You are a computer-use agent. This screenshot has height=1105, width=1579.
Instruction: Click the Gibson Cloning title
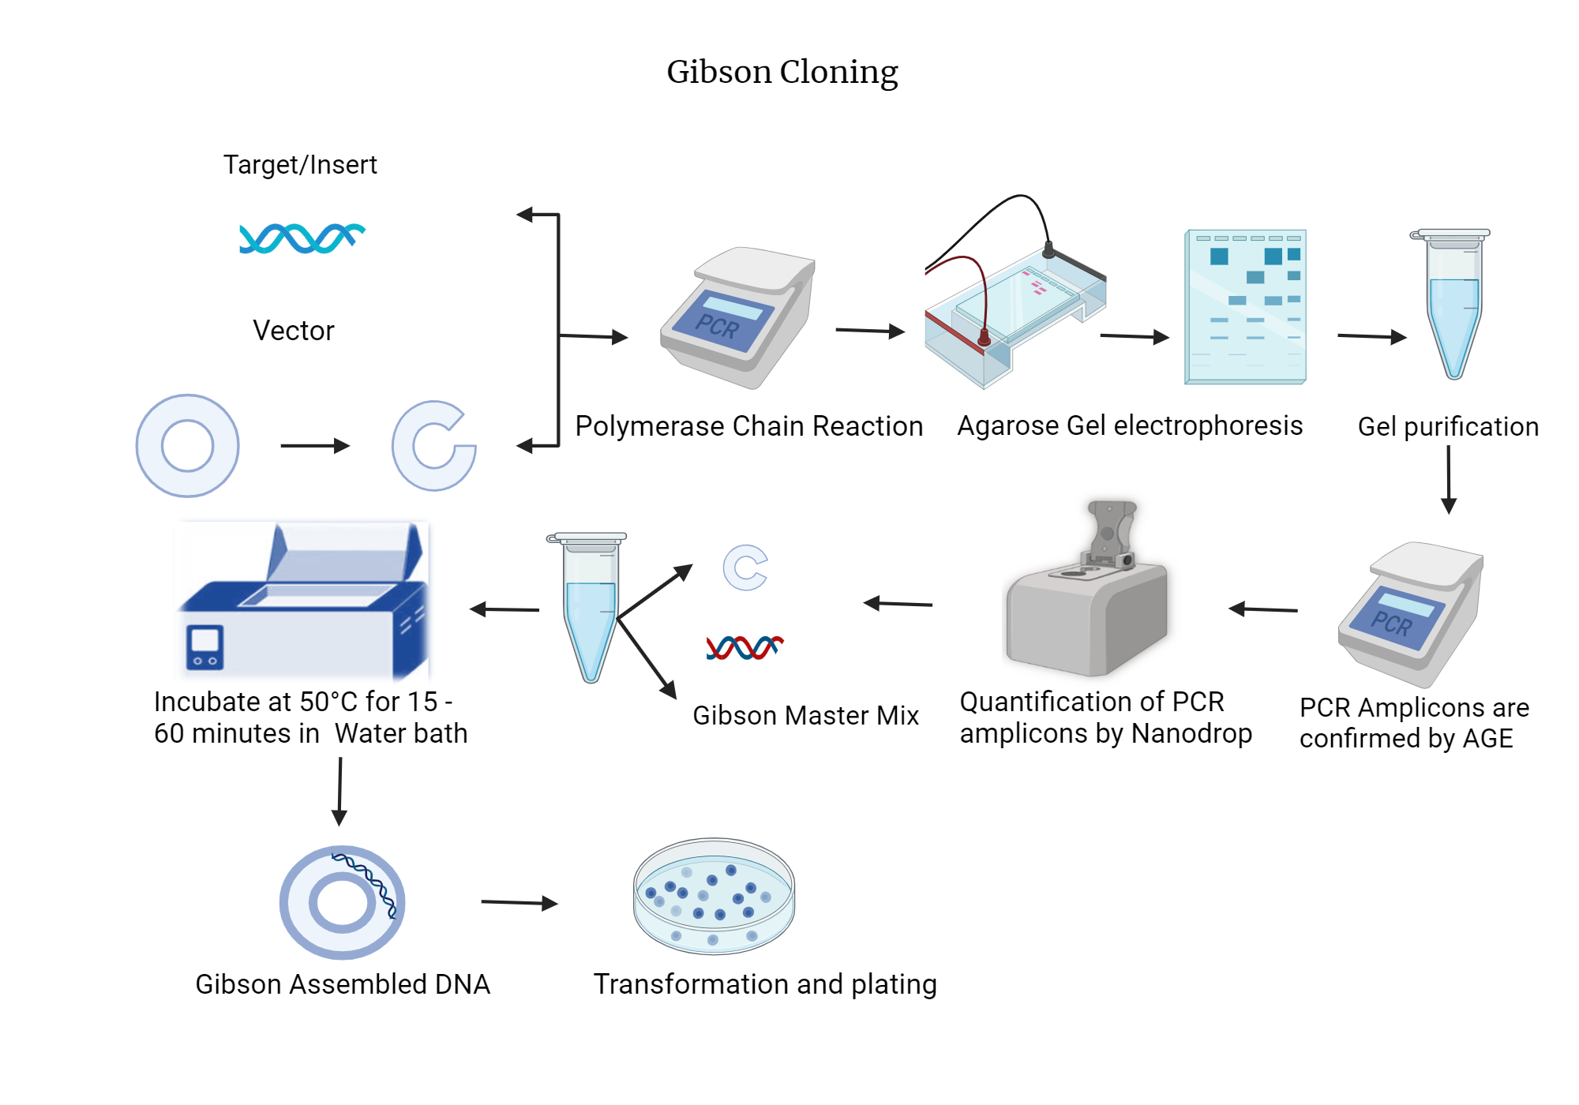point(782,72)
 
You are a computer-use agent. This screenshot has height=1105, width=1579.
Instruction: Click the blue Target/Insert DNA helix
point(301,238)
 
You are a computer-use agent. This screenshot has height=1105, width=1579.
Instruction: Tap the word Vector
point(293,330)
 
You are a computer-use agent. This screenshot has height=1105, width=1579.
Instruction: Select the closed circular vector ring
point(188,446)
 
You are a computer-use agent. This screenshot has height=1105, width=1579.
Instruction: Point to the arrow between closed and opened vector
point(315,446)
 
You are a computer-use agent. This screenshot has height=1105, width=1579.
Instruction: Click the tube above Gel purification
point(1453,304)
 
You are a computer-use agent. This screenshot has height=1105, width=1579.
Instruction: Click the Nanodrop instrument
point(1086,600)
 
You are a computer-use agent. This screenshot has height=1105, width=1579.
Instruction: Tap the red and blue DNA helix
point(744,647)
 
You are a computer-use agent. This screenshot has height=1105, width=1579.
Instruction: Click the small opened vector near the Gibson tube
point(744,567)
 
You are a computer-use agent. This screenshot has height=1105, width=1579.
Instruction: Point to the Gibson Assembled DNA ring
point(342,902)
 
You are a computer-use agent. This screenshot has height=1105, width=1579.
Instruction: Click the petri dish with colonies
point(714,896)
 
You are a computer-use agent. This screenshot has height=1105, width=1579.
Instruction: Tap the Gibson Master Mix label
point(805,715)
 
